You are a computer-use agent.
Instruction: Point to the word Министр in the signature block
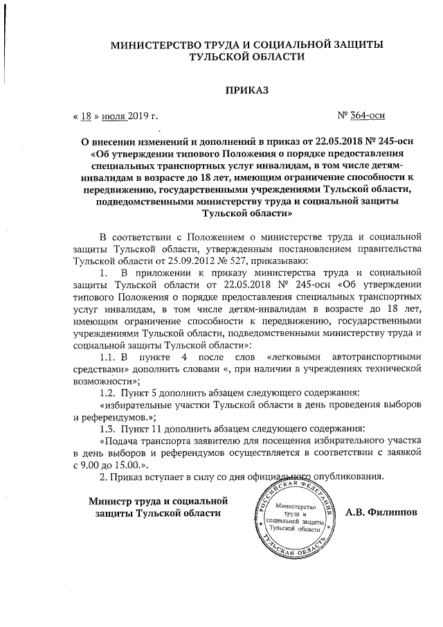pos(111,500)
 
